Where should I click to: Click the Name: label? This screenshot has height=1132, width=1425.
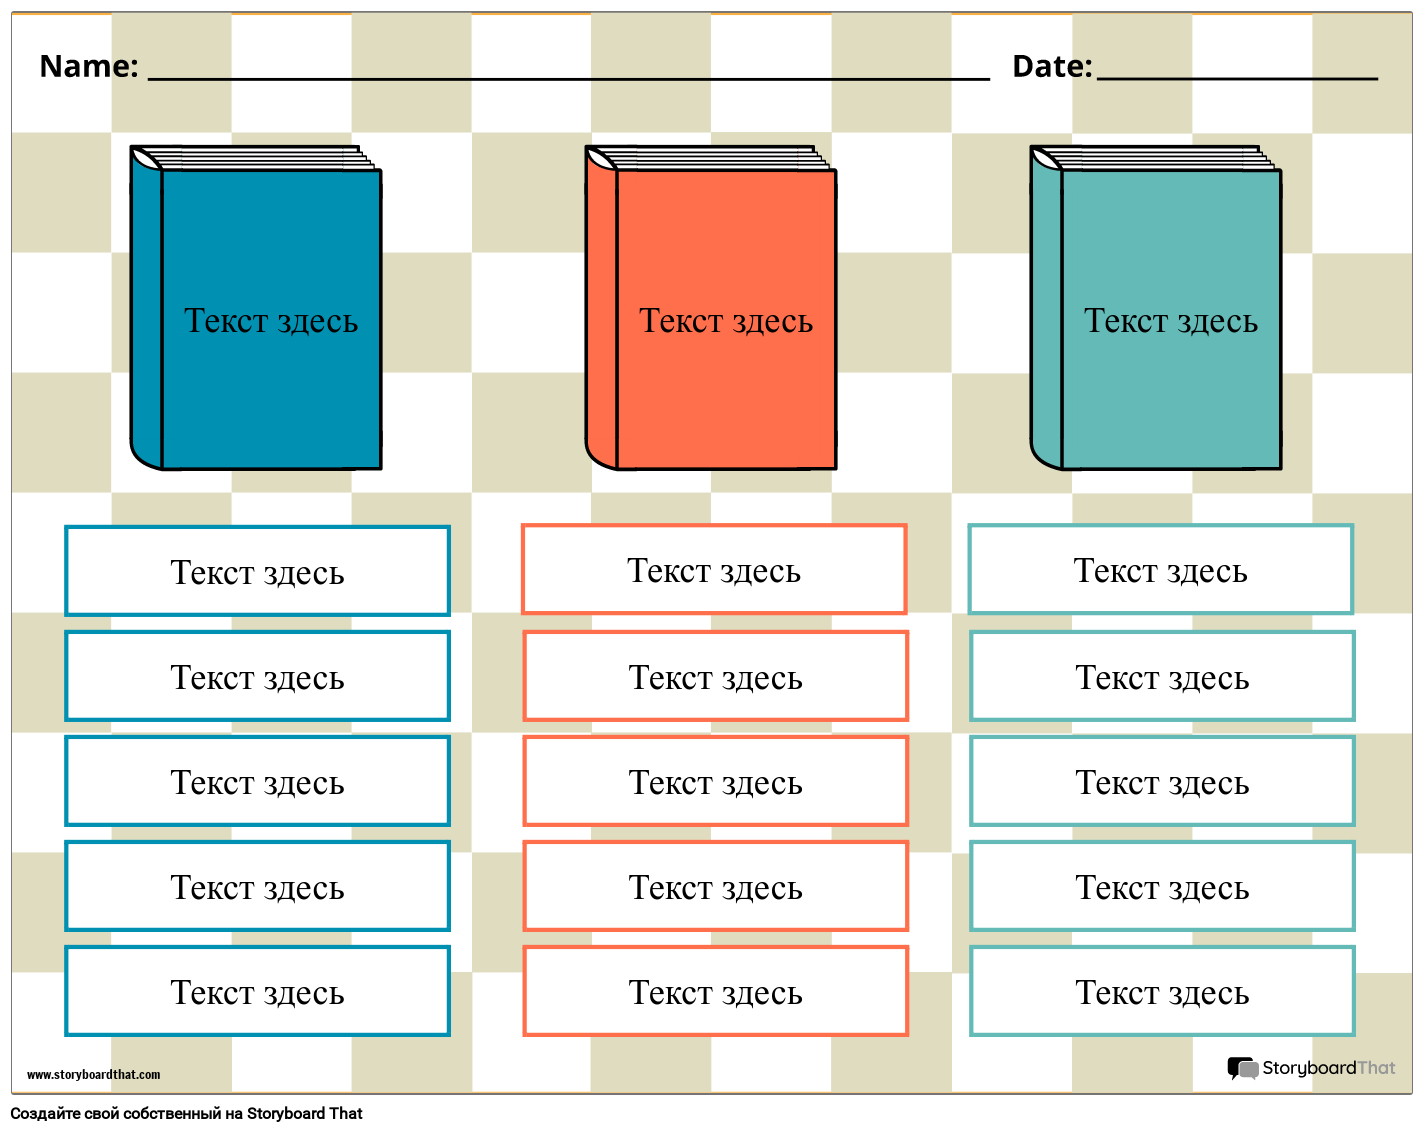coord(88,66)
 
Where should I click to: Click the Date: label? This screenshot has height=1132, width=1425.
coord(1052,66)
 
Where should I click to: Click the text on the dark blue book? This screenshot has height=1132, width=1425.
coord(271,321)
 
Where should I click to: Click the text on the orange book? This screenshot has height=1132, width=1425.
coord(726,321)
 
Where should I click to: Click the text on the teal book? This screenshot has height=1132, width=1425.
coord(1171,321)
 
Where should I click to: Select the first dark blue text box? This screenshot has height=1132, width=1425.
coord(257,571)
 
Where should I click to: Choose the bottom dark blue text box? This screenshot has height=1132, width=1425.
coord(257,991)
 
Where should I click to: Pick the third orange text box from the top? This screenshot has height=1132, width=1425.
coord(715,781)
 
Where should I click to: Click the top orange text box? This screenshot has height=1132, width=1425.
coord(714,569)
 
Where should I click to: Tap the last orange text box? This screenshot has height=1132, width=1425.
coord(715,991)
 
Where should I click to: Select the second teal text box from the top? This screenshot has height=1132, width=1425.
coord(1162,676)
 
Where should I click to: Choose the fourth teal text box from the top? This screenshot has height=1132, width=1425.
coord(1162,886)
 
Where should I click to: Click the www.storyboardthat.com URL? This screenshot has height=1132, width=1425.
coord(93,1075)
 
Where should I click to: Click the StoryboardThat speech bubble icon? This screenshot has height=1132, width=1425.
coord(1242,1068)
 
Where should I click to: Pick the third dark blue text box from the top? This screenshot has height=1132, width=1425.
coord(257,781)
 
